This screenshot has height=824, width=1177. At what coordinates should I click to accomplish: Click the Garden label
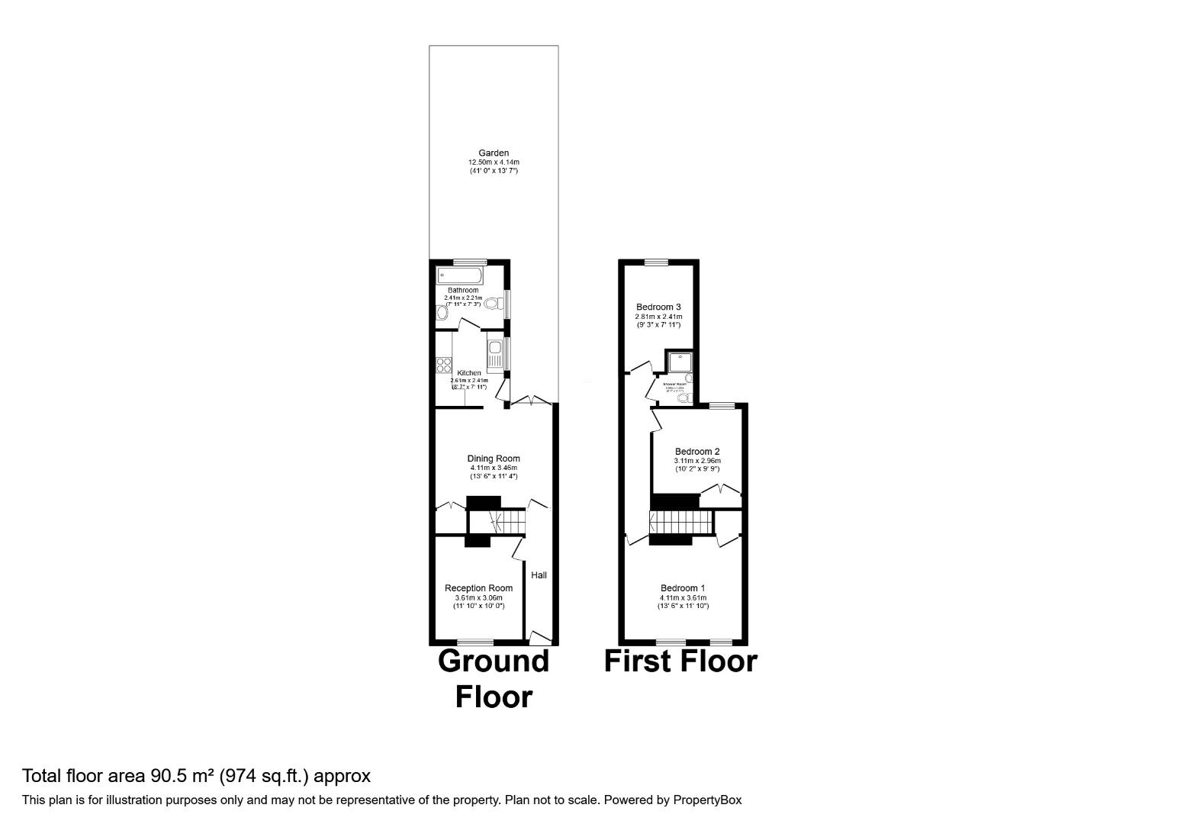point(494,153)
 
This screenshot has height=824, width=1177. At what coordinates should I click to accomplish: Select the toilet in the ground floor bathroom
point(492,304)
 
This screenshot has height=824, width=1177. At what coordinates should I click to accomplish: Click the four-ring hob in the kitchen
point(444,365)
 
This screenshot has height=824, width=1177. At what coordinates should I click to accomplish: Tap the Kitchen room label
point(469,373)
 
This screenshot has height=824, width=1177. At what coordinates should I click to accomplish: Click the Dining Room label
point(494,459)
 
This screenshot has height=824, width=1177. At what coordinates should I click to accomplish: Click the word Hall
point(539,575)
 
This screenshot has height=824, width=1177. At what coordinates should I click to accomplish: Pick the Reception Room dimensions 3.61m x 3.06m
point(479,597)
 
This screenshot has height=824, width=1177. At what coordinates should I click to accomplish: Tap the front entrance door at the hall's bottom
point(540,636)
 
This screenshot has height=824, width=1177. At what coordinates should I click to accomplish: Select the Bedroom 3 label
point(658,307)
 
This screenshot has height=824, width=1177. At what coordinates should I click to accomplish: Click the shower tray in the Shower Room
point(678,360)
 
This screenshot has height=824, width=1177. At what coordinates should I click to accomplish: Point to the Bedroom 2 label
point(697,452)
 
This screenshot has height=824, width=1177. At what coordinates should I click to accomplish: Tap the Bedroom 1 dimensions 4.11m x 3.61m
point(683,597)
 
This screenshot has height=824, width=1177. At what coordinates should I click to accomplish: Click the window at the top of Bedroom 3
point(656,262)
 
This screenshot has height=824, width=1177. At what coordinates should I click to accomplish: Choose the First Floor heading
point(680,661)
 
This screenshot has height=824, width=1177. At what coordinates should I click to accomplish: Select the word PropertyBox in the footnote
point(706,800)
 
